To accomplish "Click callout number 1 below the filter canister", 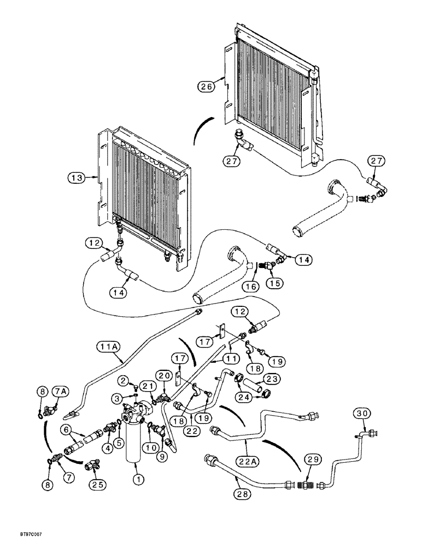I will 138,479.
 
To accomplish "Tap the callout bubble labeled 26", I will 207,86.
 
